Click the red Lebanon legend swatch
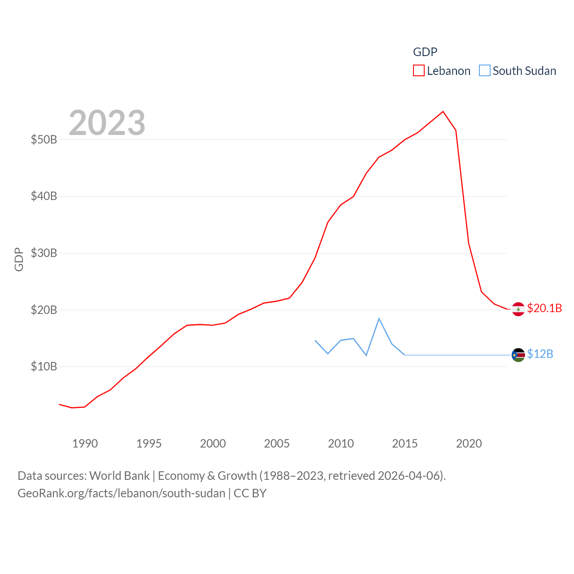[418, 71]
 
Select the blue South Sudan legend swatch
[485, 71]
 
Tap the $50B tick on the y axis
[44, 139]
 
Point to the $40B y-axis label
[44, 196]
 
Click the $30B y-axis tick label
[44, 253]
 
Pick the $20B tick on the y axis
[44, 310]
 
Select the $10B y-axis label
[44, 366]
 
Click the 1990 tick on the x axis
[85, 444]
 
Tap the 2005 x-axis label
[277, 444]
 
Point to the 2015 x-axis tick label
[404, 444]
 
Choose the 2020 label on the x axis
[469, 444]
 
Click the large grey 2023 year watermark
[107, 123]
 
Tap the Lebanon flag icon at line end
[518, 309]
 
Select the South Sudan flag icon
[518, 355]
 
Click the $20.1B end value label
[544, 308]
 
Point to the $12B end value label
[540, 354]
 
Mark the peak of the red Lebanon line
[443, 111]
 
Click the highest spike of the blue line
[379, 318]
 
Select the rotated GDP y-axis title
[19, 259]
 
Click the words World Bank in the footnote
[119, 475]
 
